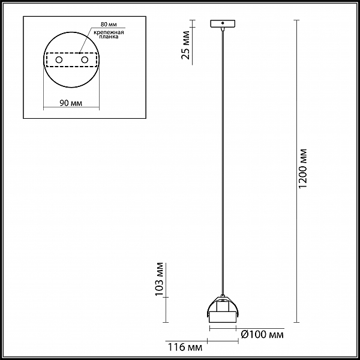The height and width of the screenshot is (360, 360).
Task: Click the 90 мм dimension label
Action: [x=71, y=103]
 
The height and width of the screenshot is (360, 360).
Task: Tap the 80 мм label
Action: [x=109, y=25]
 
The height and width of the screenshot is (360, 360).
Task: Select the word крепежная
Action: [x=109, y=32]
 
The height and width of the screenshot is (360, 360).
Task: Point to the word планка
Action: [x=109, y=37]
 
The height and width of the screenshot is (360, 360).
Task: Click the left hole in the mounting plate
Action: [x=59, y=60]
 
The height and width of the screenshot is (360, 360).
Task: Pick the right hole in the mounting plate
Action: [x=85, y=60]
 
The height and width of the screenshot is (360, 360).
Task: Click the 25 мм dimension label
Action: [x=185, y=45]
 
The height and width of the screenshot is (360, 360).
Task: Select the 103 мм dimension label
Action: [x=159, y=279]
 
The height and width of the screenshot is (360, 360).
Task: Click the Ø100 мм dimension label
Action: [x=262, y=335]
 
